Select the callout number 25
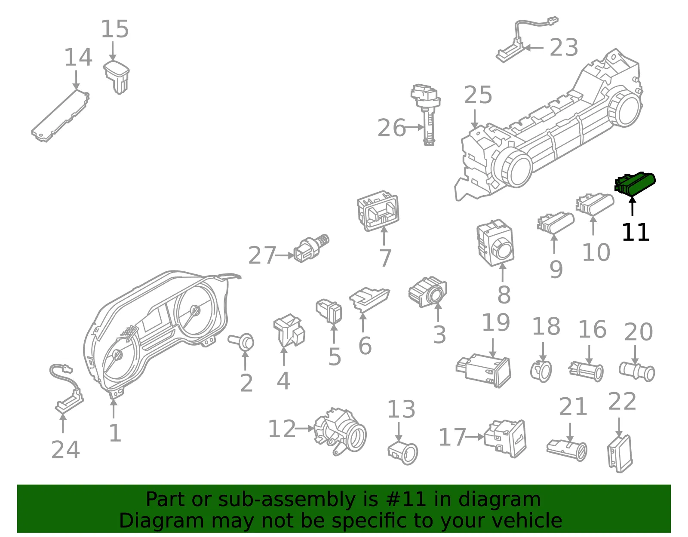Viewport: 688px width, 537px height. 478,95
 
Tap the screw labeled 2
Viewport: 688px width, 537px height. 241,342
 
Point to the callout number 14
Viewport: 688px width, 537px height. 78,57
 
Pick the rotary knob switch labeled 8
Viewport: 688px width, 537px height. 495,243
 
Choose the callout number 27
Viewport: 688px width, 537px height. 262,255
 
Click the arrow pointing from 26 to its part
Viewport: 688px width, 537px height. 415,127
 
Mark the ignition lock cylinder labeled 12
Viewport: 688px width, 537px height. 340,431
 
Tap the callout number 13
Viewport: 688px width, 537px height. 401,409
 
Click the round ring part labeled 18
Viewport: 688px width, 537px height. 541,371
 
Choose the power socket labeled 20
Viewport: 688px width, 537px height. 637,371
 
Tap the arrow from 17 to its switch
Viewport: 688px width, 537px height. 475,437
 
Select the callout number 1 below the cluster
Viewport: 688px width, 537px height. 115,433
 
